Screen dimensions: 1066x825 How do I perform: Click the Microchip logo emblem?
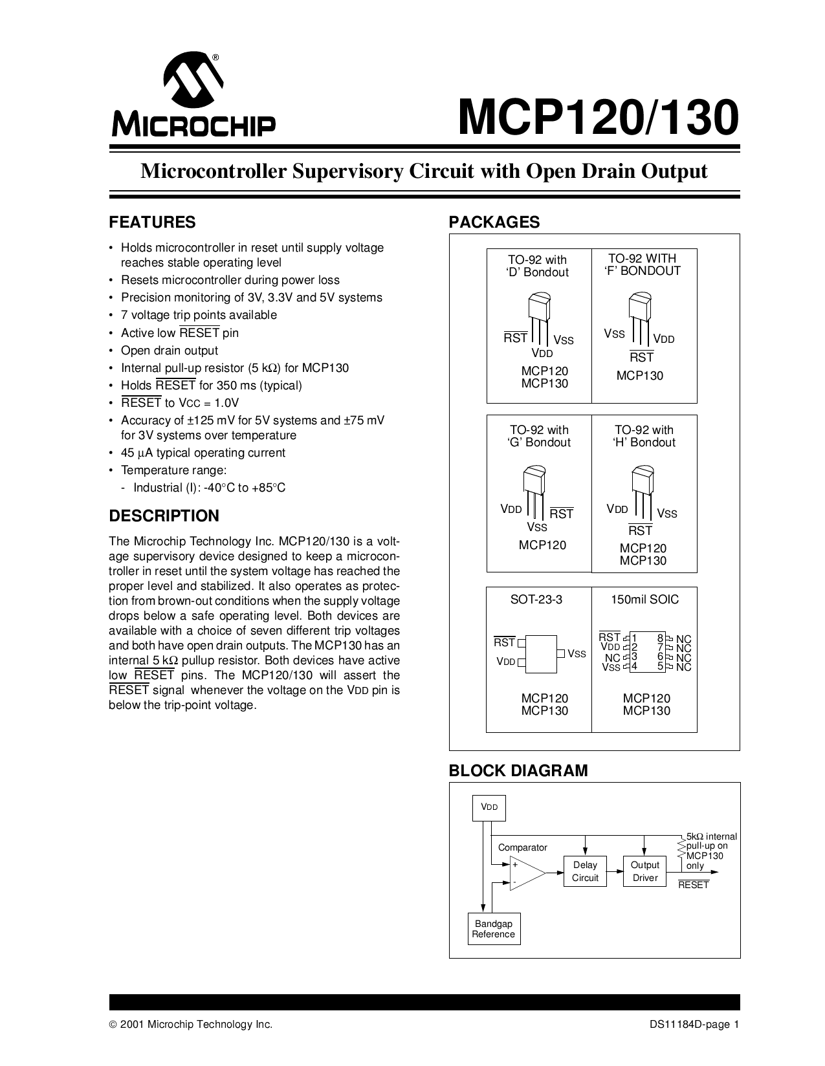[193, 83]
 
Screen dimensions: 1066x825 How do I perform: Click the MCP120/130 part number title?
[598, 118]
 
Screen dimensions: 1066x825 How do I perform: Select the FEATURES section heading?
[152, 223]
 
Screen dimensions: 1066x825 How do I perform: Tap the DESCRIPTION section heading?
[164, 516]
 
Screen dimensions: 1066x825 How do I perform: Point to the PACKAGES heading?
[494, 223]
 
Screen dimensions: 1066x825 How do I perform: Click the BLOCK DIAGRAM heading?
[518, 770]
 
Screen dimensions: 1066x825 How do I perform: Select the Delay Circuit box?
[585, 871]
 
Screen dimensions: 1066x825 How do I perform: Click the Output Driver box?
[644, 871]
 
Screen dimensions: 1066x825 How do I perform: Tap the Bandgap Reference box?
[493, 929]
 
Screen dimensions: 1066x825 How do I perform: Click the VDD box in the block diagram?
[489, 807]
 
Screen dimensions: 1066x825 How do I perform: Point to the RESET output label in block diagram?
[694, 886]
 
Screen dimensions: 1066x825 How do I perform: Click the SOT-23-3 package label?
[536, 600]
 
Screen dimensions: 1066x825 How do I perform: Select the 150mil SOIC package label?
[645, 600]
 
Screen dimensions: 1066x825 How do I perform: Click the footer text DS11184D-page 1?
[694, 1025]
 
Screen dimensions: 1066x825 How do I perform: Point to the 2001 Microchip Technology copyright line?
[191, 1025]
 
